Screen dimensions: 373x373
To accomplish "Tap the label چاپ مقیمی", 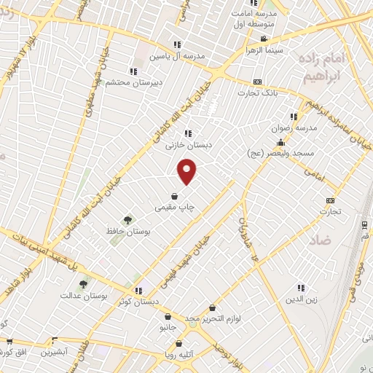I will coord(175,208).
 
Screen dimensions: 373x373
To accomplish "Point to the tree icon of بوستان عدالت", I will coord(84,284).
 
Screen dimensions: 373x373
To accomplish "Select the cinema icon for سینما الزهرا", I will coord(264,39).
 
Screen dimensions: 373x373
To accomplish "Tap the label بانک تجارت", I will coord(257,93).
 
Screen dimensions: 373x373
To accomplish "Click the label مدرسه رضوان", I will coord(294,128).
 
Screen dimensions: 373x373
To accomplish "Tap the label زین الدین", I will coord(301,298).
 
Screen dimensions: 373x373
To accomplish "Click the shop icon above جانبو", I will coord(169,317).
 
